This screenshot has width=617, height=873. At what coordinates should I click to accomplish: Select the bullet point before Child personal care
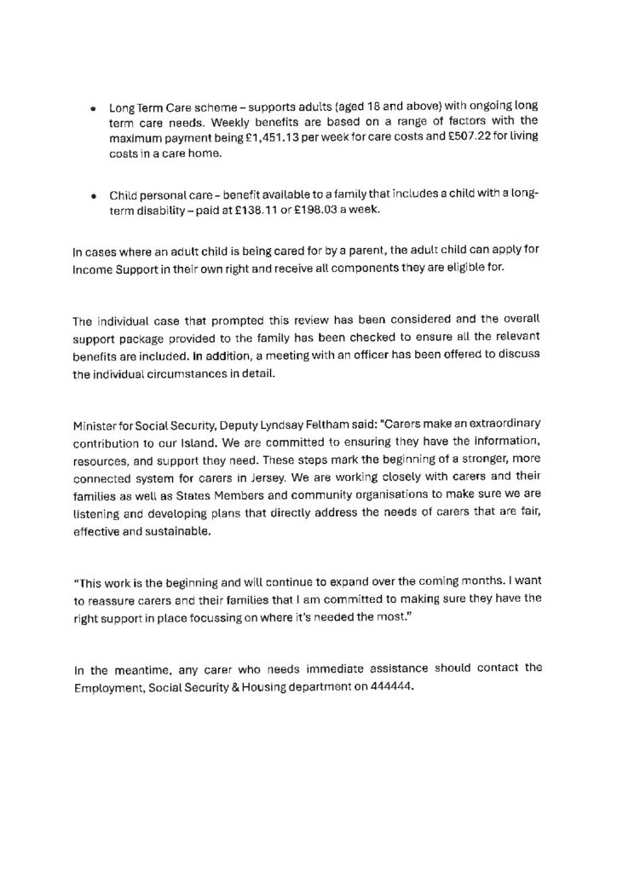92,195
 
